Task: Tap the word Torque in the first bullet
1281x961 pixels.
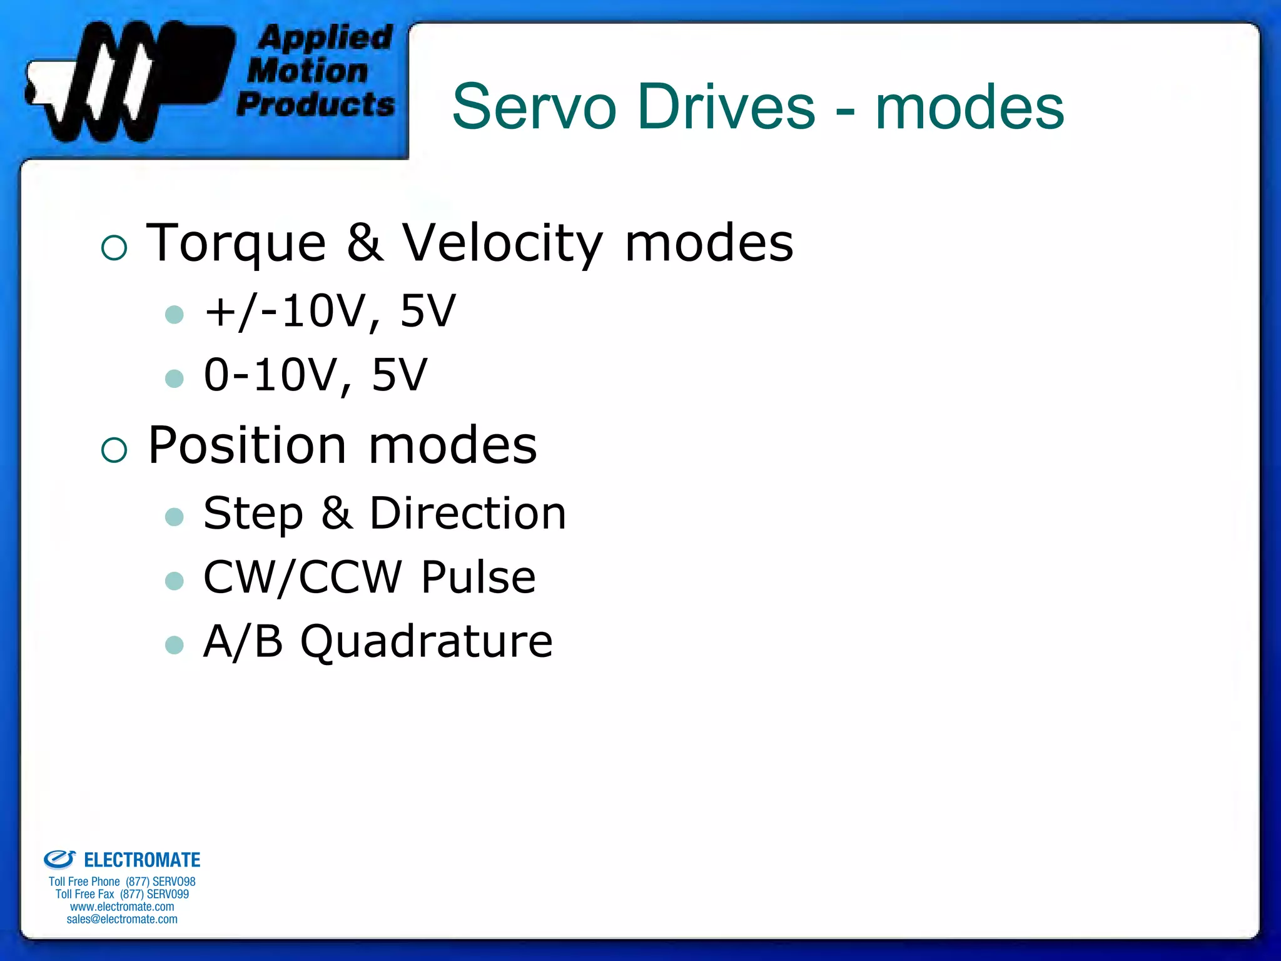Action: coord(236,244)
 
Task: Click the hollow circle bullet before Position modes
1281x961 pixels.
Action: coord(114,449)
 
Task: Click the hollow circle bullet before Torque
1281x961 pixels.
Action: coord(114,248)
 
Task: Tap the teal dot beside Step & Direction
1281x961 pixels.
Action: coord(174,516)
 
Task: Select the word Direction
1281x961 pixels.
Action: coord(468,514)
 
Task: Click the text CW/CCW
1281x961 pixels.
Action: coord(303,577)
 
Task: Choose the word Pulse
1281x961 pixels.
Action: coord(478,577)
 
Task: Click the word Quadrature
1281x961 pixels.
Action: coord(427,643)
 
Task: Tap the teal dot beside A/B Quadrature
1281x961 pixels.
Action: coord(174,644)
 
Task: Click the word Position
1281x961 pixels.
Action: coord(247,445)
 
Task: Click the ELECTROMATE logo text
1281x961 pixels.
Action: coord(142,860)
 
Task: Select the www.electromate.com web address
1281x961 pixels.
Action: coord(122,907)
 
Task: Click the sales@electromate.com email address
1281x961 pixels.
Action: coord(122,919)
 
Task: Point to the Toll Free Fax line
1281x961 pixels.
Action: coord(122,894)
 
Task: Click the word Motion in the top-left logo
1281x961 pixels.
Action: coord(308,71)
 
